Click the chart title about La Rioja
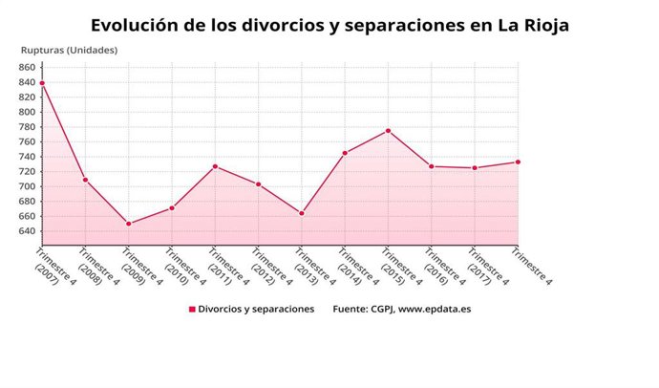point(329,25)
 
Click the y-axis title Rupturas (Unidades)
point(69,50)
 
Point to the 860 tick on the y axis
point(25,68)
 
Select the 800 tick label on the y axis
point(25,112)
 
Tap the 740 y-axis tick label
point(25,157)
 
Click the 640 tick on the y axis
point(25,230)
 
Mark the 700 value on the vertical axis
point(25,186)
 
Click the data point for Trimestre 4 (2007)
point(42,83)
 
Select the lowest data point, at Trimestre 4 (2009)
point(129,224)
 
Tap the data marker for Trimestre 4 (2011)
point(215,166)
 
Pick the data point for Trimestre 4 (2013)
point(302,213)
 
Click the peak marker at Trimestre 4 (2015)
point(388,130)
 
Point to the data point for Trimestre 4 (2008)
point(85,180)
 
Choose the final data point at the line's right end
point(518,162)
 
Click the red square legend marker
point(192,310)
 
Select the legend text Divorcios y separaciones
point(256,310)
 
